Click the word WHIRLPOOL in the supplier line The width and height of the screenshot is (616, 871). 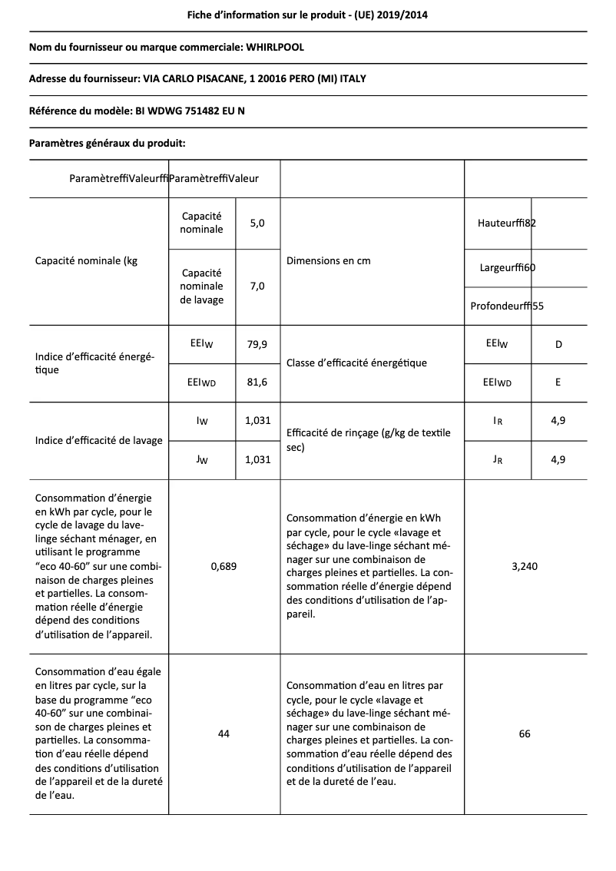coord(274,48)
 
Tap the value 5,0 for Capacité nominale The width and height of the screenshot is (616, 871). coord(257,224)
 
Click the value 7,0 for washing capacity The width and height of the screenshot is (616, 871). coord(257,286)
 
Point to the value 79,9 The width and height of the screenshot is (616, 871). coord(257,345)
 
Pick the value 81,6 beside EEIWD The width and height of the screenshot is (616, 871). coord(257,382)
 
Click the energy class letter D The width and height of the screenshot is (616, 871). coord(558,345)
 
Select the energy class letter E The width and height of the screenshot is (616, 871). coord(558,382)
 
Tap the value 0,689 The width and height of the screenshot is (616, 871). coord(224,566)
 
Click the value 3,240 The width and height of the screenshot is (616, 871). coord(525,566)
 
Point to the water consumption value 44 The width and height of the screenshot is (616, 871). coord(224,734)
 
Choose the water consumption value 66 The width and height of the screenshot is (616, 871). coord(525,734)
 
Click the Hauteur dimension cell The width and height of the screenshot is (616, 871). coord(506,224)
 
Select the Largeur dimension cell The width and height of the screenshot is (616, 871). coord(507,267)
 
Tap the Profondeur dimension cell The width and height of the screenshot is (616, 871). coord(507,306)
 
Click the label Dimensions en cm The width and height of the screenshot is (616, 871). coord(328,261)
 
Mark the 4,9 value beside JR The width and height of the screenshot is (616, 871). coord(558,459)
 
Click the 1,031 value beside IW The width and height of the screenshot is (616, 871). coord(257,421)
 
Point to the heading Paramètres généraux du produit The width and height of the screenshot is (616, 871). coord(107,143)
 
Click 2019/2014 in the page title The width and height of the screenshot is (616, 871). coord(409,15)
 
